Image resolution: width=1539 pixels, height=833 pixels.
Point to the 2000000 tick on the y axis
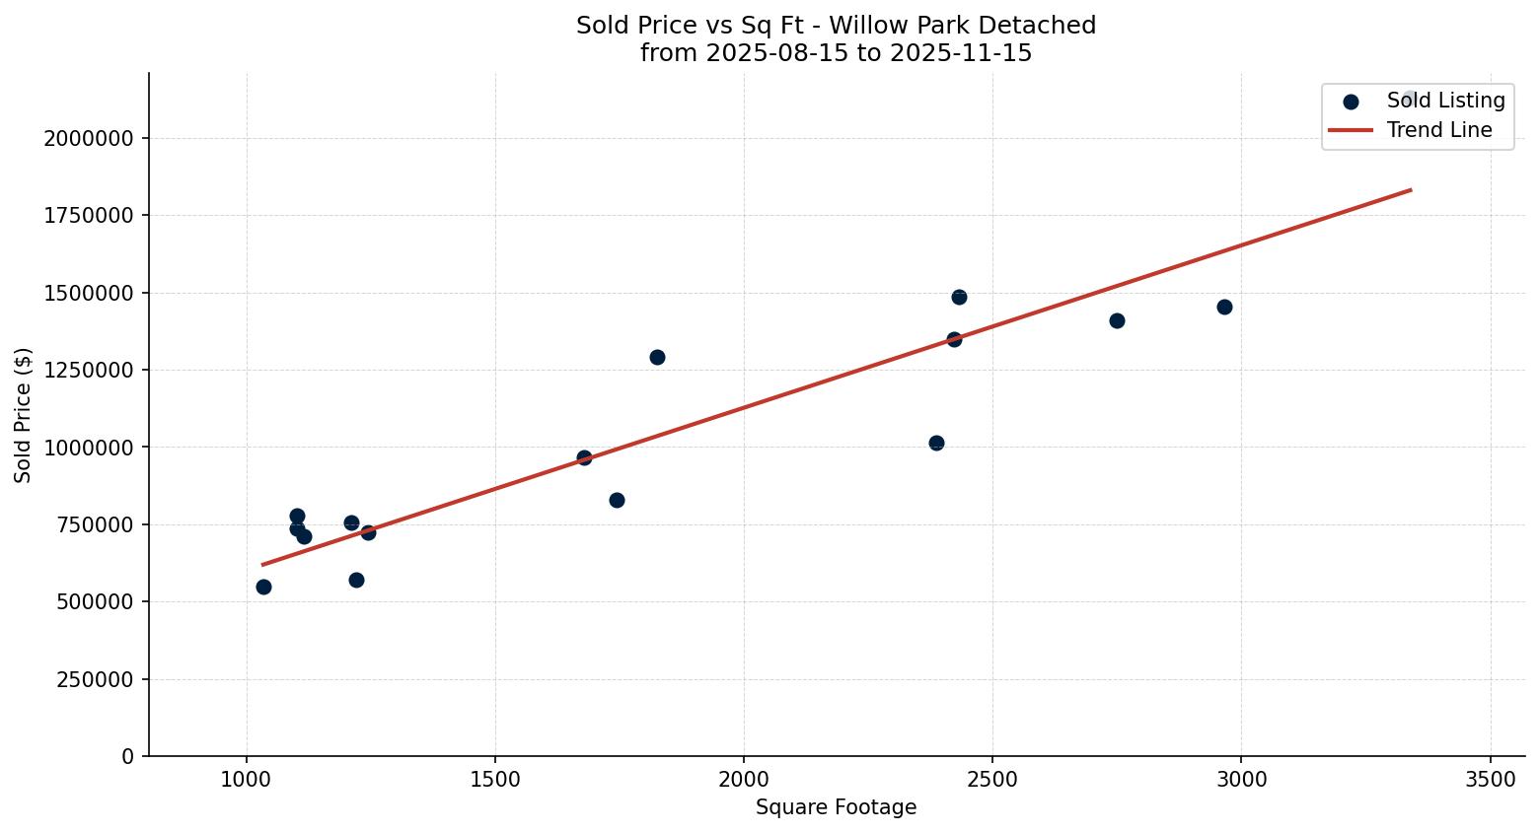point(89,138)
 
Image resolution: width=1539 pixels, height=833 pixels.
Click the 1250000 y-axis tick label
point(89,370)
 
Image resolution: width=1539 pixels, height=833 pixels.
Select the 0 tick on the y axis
point(127,756)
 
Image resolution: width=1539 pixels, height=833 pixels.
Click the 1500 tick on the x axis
point(495,779)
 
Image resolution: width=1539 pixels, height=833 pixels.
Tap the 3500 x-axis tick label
point(1491,779)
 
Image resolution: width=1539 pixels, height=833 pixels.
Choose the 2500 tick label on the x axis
point(992,779)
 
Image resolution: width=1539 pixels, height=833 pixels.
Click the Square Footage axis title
point(836,808)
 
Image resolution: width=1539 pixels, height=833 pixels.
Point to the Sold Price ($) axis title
point(23,415)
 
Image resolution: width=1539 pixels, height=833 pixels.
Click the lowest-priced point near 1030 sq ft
point(263,587)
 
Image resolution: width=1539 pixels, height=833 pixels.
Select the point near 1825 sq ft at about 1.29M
point(657,357)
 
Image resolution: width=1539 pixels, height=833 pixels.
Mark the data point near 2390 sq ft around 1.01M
point(936,443)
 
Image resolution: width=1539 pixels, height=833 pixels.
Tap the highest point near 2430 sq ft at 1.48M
point(959,297)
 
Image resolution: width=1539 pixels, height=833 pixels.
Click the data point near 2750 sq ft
point(1117,320)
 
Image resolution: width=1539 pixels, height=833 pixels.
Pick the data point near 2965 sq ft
point(1224,307)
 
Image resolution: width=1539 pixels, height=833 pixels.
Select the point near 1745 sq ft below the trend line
point(617,500)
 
